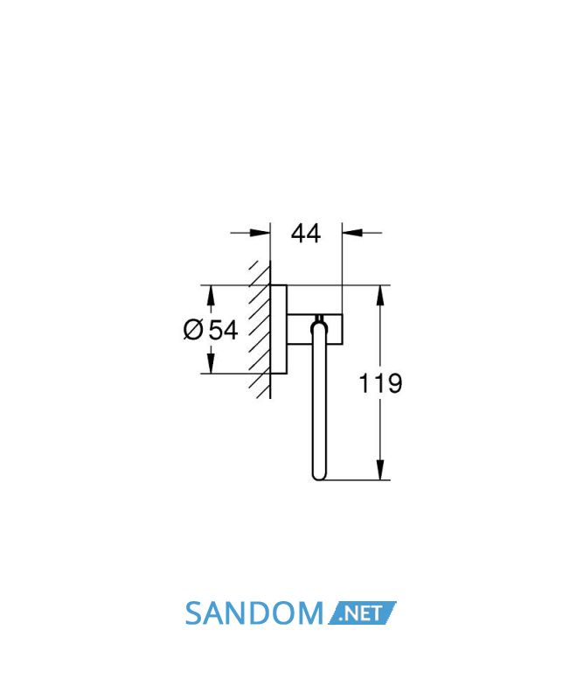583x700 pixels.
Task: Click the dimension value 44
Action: tap(306, 234)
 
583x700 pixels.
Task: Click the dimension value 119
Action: tap(380, 383)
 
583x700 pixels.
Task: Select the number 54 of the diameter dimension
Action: tap(224, 331)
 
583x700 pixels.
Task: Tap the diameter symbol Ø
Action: tap(193, 330)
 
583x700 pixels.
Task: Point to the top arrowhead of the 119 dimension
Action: tap(380, 295)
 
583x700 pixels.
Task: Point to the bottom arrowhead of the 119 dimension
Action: tap(380, 470)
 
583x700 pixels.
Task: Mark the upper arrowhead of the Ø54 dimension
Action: tap(211, 295)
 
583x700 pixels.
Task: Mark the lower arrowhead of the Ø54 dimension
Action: tap(211, 363)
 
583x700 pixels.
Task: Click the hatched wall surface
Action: tap(260, 329)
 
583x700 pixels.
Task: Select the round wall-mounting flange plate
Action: tap(279, 329)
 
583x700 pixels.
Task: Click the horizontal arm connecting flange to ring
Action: tap(315, 330)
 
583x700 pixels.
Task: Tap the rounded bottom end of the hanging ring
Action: tap(319, 474)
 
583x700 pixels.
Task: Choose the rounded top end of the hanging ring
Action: tap(319, 327)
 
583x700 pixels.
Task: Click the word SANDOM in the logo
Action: tap(253, 613)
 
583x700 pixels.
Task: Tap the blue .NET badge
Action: tap(362, 613)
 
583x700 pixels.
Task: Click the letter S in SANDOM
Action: tap(194, 613)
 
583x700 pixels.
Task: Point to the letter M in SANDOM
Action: tap(310, 613)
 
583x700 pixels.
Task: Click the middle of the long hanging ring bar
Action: tap(319, 402)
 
